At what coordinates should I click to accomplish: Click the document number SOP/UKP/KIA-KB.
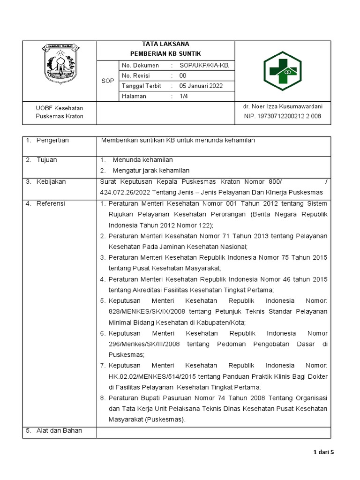204,66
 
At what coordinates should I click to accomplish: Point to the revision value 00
183,75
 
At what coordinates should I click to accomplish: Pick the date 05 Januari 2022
201,86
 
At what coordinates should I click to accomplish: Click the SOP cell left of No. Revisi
107,81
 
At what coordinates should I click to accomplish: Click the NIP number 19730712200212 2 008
283,116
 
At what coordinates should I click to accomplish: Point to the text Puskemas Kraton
60,116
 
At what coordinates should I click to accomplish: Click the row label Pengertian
52,140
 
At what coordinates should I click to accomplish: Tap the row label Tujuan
46,160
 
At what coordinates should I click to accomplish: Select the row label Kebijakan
51,181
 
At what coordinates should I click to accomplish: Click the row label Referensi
51,203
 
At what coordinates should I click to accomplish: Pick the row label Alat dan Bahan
59,430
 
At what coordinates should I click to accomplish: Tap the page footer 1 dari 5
322,452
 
